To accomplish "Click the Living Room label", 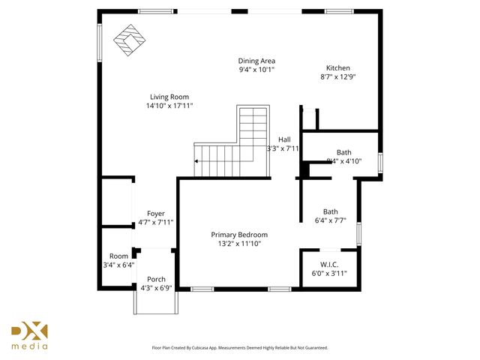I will coord(169,97).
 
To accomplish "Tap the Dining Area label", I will coord(256,61).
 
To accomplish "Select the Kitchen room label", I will coord(337,68).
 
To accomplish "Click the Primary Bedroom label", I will coord(239,235).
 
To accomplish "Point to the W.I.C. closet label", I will coord(329,264).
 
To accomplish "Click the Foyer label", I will coord(155,214).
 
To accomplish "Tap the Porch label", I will coord(156,279).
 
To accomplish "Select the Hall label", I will coord(284,139).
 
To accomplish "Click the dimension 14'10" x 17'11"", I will coord(169,106).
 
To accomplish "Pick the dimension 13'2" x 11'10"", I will coord(239,244).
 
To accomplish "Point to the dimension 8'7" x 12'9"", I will coord(338,76).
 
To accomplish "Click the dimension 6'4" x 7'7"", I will coord(330,220).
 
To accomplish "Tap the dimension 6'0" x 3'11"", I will coord(329,273).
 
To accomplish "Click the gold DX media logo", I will coord(29,335).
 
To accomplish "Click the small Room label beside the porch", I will coord(118,256).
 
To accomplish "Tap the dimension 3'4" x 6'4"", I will coord(118,265).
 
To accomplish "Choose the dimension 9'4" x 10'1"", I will coord(256,70).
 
